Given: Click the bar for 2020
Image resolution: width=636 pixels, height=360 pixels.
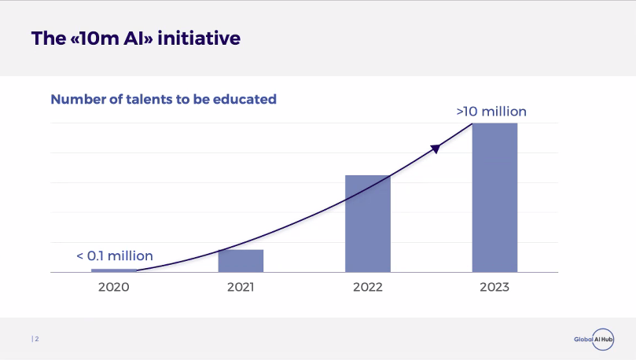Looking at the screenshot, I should click(114, 270).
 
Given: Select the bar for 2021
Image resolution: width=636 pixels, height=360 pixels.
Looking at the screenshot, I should click(241, 261).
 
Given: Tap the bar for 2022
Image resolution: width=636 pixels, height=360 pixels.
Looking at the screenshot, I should click(367, 224).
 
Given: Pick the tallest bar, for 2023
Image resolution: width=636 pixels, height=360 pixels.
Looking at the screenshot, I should click(494, 198).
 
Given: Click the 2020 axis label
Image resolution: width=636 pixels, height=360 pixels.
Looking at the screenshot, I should click(114, 287).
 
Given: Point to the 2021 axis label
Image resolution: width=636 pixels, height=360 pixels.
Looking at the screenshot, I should click(241, 287).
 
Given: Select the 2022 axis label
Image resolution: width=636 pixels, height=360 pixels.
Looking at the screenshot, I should click(367, 287).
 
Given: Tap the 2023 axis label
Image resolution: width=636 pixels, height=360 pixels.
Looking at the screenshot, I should click(494, 287).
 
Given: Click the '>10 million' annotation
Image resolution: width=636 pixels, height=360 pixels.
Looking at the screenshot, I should click(491, 112).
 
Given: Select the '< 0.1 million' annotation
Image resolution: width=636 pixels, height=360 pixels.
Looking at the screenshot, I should click(115, 255).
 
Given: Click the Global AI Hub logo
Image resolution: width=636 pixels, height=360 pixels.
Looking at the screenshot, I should click(594, 339).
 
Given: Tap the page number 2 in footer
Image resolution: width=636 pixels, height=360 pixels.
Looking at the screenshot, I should click(36, 339).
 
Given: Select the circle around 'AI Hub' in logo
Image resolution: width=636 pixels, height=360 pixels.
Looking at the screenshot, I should click(602, 339).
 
